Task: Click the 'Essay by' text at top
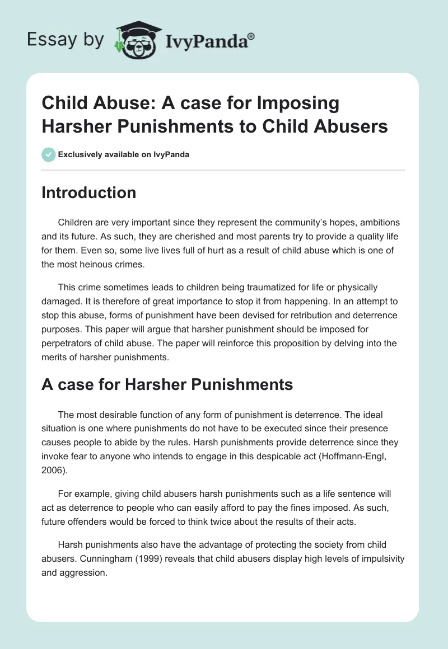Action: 66,39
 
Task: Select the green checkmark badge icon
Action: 48,154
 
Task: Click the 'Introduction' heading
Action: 89,192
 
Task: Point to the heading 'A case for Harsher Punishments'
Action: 167,385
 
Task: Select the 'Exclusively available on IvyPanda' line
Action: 123,154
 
